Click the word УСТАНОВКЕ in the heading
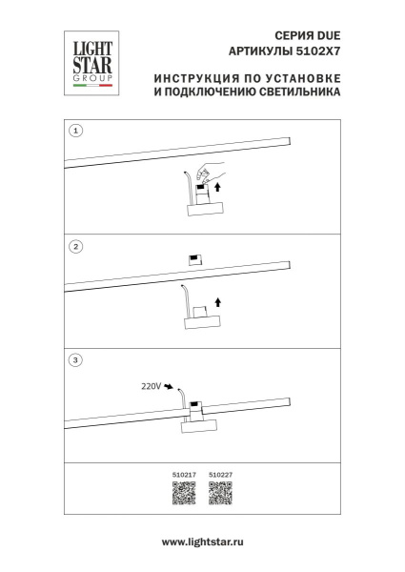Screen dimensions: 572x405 pos(305,77)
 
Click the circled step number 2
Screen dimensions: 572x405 pos(77,246)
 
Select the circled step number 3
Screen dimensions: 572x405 pos(77,361)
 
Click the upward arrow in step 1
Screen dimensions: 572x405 pos(219,188)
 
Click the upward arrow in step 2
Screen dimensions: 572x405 pos(219,303)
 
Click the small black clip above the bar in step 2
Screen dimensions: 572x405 pos(194,258)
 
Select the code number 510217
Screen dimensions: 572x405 pos(183,472)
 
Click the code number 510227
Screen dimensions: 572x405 pos(221,472)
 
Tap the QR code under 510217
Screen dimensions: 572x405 pos(183,494)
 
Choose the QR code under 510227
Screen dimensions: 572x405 pos(221,494)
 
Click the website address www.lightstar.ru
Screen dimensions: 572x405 pos(202,541)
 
